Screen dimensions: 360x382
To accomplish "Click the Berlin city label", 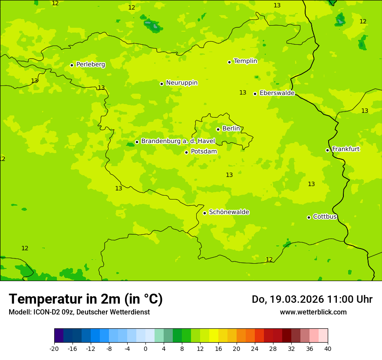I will click(231, 128).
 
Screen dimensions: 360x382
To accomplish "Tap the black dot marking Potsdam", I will click(186, 152).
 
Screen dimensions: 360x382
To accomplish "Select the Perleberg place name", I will click(90, 64).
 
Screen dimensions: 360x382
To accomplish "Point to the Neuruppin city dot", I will click(161, 84).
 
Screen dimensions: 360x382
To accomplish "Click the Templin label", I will click(245, 61).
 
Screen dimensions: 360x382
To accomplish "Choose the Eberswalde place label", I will click(277, 93).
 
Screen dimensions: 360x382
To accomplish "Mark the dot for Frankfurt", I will click(327, 150).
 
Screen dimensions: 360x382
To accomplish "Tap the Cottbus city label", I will click(325, 216).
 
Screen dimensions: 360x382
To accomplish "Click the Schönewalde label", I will click(229, 212).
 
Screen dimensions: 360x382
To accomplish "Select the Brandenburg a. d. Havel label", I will click(178, 141).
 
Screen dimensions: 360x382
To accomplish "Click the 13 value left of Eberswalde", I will click(243, 92).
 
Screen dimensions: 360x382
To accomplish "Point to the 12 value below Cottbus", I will click(269, 259).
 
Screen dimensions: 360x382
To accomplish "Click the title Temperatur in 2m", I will click(86, 299).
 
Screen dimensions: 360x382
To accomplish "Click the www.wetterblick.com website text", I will click(313, 312).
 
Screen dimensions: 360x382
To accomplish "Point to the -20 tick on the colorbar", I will click(54, 348).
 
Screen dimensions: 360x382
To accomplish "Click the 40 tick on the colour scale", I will click(328, 348).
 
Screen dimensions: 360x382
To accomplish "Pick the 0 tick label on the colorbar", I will click(145, 348).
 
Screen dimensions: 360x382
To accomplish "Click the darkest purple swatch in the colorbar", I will click(59, 336).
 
